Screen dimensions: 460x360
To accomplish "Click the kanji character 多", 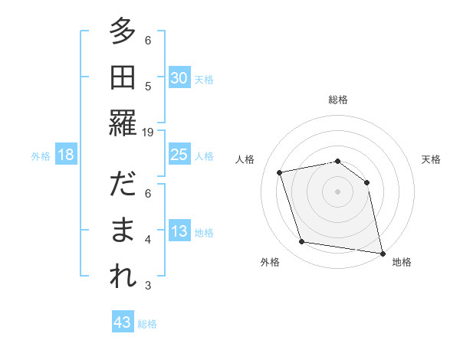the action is pyautogui.click(x=123, y=34).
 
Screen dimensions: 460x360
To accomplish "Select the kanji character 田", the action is pyautogui.click(x=123, y=77).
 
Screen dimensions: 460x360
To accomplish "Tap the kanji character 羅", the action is pyautogui.click(x=123, y=123).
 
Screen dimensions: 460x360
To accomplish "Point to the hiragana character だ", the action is pyautogui.click(x=123, y=186).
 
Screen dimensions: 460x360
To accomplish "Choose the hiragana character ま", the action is pyautogui.click(x=123, y=231).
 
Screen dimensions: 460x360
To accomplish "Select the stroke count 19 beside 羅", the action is pyautogui.click(x=148, y=132).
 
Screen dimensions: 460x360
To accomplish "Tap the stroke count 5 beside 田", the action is pyautogui.click(x=148, y=87).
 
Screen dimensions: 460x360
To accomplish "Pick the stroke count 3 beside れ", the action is pyautogui.click(x=148, y=286).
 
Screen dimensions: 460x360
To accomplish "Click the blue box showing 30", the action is pyautogui.click(x=179, y=78).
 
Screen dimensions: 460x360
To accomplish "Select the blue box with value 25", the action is pyautogui.click(x=179, y=155).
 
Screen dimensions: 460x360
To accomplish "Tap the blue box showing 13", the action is pyautogui.click(x=179, y=231).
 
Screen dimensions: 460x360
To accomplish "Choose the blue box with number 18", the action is pyautogui.click(x=66, y=155).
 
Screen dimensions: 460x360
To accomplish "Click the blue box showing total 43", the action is pyautogui.click(x=123, y=322).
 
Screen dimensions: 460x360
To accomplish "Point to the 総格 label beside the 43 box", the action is pyautogui.click(x=147, y=324).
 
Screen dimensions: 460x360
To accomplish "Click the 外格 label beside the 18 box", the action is pyautogui.click(x=41, y=156).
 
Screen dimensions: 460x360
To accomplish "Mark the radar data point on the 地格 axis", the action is pyautogui.click(x=381, y=252).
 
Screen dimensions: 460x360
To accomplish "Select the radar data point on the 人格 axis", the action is pyautogui.click(x=280, y=172).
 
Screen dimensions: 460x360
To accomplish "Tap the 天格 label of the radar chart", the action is pyautogui.click(x=432, y=159).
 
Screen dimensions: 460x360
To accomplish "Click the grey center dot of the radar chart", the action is pyautogui.click(x=337, y=191).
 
